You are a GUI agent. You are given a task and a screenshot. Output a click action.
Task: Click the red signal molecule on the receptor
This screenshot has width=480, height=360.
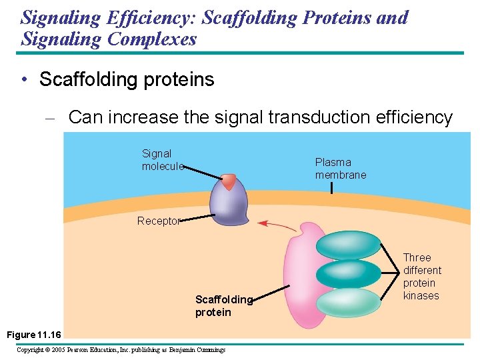[229, 182]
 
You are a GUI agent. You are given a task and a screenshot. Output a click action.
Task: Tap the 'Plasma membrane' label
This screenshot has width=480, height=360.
[341, 168]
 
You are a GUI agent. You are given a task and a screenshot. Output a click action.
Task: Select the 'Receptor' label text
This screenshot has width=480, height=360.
[158, 221]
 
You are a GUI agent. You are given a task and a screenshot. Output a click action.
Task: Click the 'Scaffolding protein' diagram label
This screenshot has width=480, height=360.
[223, 306]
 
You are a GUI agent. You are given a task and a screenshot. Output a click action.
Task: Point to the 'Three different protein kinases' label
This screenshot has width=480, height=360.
[422, 277]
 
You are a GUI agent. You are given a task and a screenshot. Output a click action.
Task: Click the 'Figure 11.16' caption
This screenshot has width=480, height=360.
[33, 333]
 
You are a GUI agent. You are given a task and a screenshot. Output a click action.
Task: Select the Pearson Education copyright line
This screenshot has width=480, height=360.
[121, 349]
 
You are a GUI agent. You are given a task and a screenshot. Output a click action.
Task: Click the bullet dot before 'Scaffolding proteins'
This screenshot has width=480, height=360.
[24, 80]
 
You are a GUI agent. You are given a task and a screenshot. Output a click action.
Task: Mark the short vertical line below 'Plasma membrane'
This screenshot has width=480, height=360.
[331, 188]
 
